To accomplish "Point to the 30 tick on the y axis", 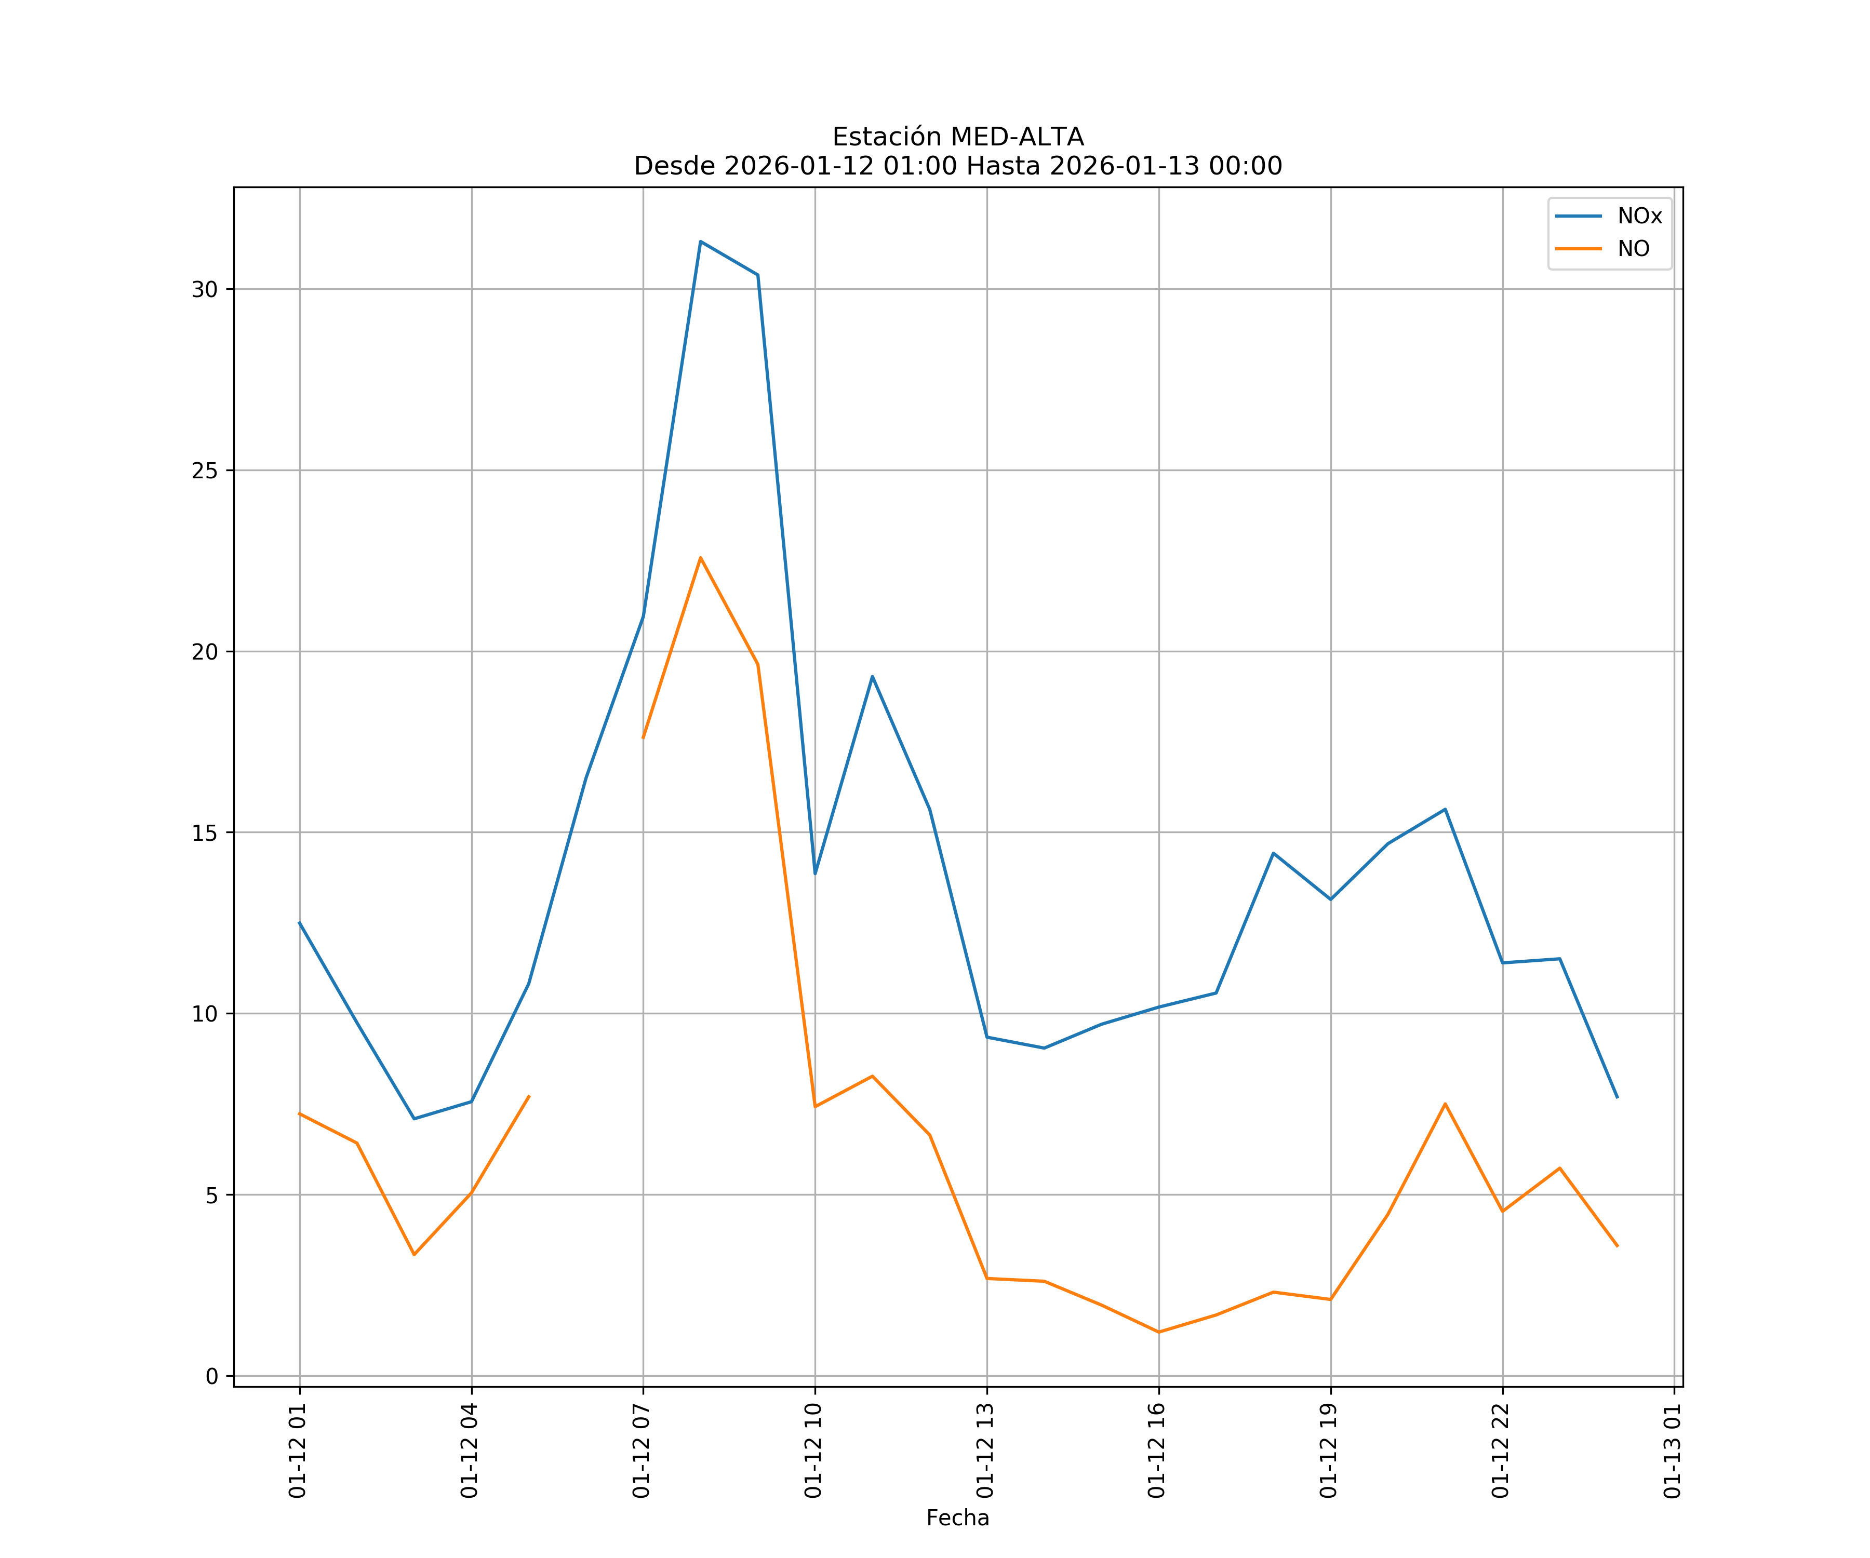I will click(x=205, y=289).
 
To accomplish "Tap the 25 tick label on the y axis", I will click(x=205, y=471).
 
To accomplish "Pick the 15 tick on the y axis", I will click(x=205, y=834).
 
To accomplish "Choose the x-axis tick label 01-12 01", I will click(x=298, y=1450).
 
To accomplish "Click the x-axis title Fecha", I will click(x=957, y=1518).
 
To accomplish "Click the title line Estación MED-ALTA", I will click(x=957, y=137).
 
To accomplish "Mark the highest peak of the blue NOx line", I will click(x=701, y=241).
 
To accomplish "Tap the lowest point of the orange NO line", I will click(x=1158, y=1332).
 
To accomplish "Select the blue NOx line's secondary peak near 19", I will click(x=873, y=677).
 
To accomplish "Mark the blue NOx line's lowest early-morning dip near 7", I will click(x=414, y=1119).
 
